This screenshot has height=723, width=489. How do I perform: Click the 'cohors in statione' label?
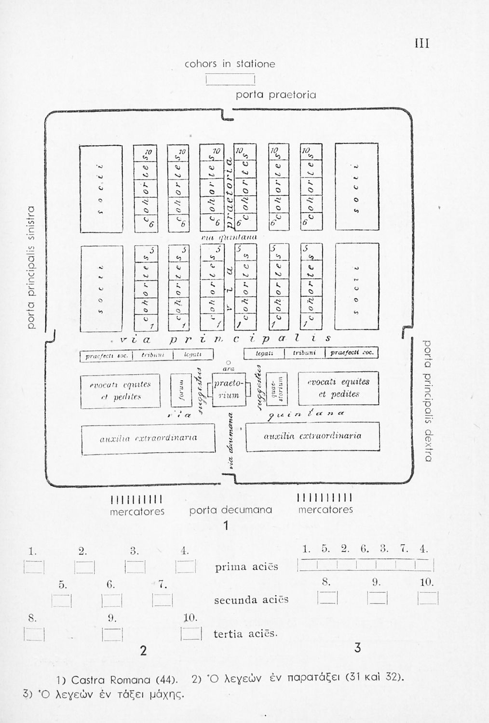230,64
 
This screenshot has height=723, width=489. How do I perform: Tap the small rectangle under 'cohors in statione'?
230,79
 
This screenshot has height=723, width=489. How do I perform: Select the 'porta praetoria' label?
276,95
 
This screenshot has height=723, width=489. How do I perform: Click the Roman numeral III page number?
422,44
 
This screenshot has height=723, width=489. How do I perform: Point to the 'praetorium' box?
227,389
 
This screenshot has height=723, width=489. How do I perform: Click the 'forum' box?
181,389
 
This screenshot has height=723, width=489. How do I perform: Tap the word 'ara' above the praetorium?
229,369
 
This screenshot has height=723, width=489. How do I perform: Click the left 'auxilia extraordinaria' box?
148,439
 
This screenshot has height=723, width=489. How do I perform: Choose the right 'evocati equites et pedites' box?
339,388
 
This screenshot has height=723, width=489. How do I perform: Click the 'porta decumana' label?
231,510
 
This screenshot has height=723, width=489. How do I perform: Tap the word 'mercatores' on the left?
137,511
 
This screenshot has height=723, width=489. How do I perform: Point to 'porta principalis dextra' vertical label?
427,400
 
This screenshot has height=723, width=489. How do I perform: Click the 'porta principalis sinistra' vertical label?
31,268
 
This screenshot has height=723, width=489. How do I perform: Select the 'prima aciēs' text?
246,567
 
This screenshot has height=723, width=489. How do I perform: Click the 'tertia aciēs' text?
245,634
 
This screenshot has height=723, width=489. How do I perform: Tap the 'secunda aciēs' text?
251,600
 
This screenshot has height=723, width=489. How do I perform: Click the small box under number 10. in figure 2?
191,633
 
